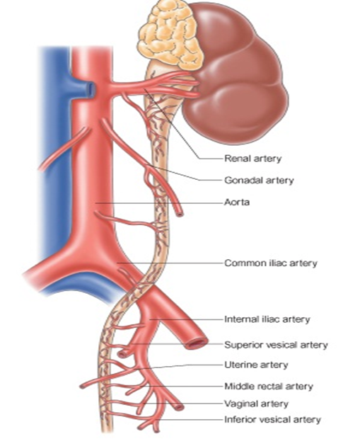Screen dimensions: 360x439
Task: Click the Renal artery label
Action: point(253,159)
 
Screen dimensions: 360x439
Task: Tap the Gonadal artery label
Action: point(259,180)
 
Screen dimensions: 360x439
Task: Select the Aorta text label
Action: point(237,202)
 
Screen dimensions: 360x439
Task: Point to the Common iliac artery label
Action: point(271,263)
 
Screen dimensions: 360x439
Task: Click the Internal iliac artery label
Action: point(267,319)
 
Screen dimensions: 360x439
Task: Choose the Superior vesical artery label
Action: point(276,345)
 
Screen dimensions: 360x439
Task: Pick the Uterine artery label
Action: point(256,365)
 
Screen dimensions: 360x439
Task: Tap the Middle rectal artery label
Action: point(269,387)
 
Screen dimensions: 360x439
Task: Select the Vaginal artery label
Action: point(256,404)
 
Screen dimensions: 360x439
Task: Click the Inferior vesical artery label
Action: point(272,420)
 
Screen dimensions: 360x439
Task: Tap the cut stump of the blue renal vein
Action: point(90,89)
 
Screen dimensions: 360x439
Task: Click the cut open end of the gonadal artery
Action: point(180,214)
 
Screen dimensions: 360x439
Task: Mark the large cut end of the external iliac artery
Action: point(197,343)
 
